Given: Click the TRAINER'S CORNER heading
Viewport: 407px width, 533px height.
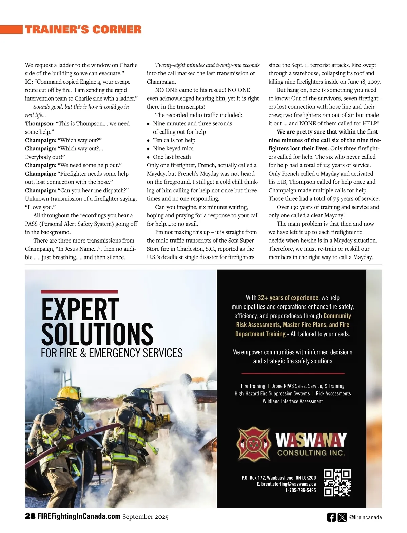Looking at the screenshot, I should point(83,30).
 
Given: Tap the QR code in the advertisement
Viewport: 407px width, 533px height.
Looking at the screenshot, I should point(337,483).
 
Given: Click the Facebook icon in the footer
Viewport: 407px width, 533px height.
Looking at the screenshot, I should point(331,517).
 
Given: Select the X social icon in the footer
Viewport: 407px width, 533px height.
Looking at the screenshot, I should point(343,517).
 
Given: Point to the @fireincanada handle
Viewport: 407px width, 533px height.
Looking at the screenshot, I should point(365,517).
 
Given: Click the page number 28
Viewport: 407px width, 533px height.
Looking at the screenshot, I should point(30,516).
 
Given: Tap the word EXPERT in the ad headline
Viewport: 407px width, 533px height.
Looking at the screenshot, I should point(80,309).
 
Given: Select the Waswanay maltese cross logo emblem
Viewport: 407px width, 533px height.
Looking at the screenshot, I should point(254,443).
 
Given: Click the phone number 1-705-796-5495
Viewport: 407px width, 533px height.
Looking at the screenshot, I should point(301,490).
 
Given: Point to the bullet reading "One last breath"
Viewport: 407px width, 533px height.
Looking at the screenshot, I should point(172,157).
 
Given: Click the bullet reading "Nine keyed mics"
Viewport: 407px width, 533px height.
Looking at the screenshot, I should point(173,148).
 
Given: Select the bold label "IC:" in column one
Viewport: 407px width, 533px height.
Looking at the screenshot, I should point(29,82).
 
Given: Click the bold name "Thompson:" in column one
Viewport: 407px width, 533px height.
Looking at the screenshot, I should point(40,124).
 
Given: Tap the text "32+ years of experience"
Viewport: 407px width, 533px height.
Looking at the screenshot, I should point(288,298).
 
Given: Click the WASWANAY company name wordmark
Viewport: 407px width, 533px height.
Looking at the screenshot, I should point(311,440).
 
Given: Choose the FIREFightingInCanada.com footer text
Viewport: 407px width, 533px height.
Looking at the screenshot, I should point(79,516).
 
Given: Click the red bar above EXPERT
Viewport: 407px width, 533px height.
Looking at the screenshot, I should point(79,291).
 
